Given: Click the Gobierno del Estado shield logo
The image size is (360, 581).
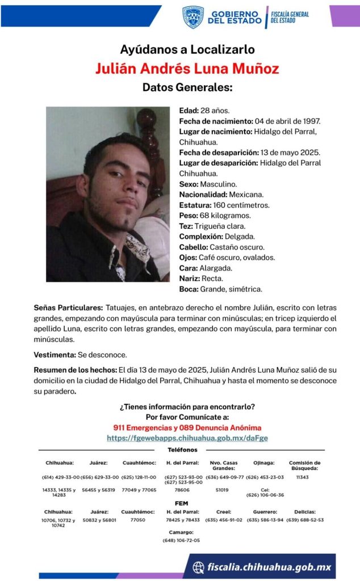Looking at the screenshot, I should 193,17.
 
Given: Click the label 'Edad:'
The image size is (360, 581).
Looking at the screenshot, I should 189,110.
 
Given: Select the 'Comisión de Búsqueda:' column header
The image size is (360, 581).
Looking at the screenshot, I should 304,465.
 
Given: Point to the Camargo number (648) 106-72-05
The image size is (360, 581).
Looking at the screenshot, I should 181,540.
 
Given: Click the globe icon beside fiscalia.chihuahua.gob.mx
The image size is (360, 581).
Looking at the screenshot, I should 199,567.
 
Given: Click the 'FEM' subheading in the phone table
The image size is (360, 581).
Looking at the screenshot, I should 181,503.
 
